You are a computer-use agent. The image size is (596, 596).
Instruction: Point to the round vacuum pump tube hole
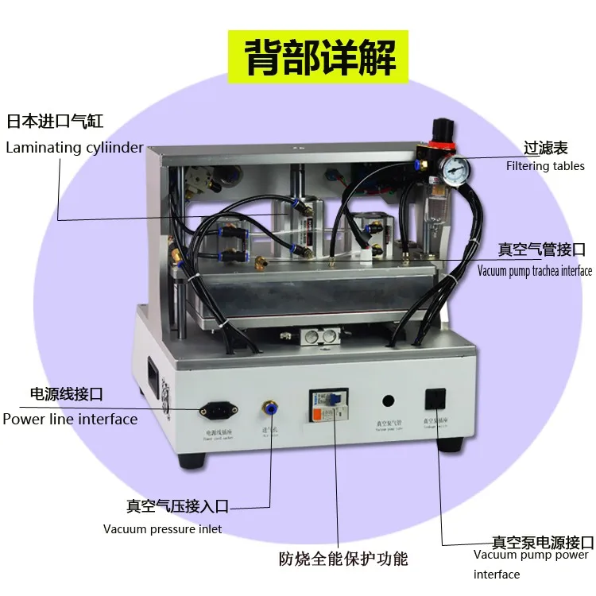(389, 401)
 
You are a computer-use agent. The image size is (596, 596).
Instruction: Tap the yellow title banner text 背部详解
(318, 56)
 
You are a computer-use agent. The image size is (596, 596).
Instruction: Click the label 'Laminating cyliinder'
(75, 147)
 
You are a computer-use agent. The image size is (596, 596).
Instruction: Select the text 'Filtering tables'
(545, 166)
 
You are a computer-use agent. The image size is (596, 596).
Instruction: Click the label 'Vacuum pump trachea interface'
(534, 271)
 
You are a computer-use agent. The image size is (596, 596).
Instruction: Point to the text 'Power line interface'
(70, 419)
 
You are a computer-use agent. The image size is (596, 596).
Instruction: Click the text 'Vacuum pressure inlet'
(162, 528)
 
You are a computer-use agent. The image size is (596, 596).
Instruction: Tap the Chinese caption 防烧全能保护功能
(343, 558)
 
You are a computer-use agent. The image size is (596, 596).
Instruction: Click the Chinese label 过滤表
(545, 148)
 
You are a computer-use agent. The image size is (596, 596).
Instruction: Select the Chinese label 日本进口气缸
(55, 122)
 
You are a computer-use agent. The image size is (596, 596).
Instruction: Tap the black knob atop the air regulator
(439, 126)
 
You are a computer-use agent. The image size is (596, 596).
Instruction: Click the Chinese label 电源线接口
(66, 394)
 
